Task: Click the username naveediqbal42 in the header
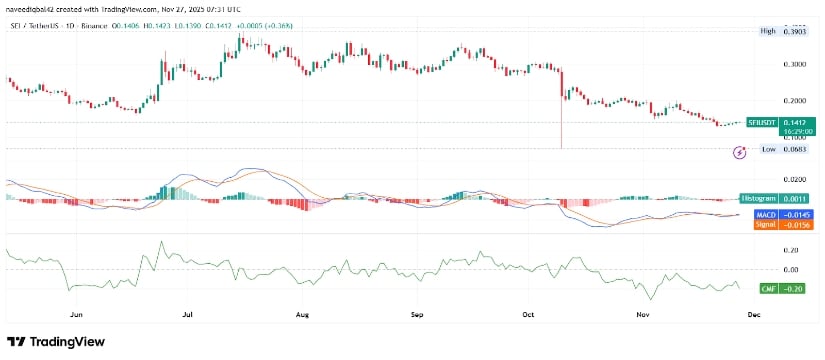tap(31, 8)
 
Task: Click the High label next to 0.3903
tap(767, 31)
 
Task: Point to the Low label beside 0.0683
tap(768, 149)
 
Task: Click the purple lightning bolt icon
tap(739, 152)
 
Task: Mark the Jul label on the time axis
tap(187, 313)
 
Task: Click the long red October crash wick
tap(561, 120)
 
